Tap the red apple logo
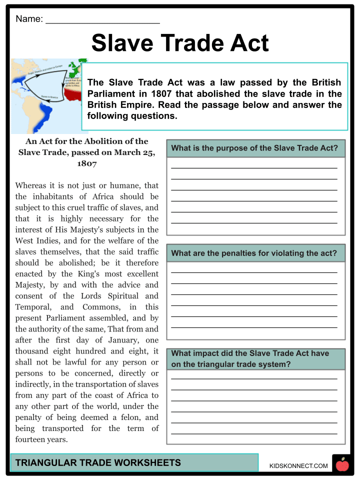click(x=342, y=465)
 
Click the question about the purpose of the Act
click(x=254, y=148)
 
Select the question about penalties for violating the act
click(x=254, y=253)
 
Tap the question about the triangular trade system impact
click(x=250, y=358)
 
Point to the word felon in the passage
click(x=120, y=417)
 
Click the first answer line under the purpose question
click(x=254, y=168)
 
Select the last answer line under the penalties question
click(x=254, y=327)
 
